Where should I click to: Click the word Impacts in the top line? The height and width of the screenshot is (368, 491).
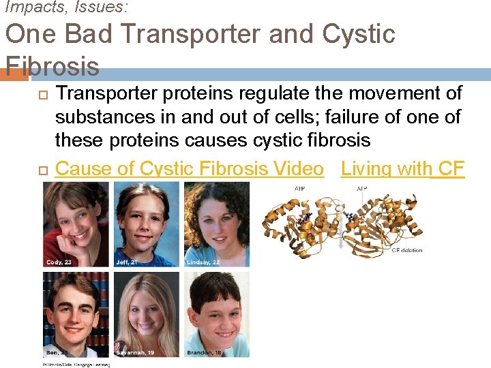click(27, 7)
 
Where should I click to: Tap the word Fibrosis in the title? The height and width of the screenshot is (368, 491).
click(52, 66)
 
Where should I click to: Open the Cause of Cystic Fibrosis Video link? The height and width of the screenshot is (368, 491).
click(189, 168)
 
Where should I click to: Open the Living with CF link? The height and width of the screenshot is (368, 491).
click(402, 168)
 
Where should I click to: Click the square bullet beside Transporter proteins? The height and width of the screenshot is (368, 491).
click(45, 93)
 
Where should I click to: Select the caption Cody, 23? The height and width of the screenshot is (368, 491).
click(59, 262)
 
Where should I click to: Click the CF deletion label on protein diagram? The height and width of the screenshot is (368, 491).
click(407, 250)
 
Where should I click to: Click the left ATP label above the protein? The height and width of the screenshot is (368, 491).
click(299, 188)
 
